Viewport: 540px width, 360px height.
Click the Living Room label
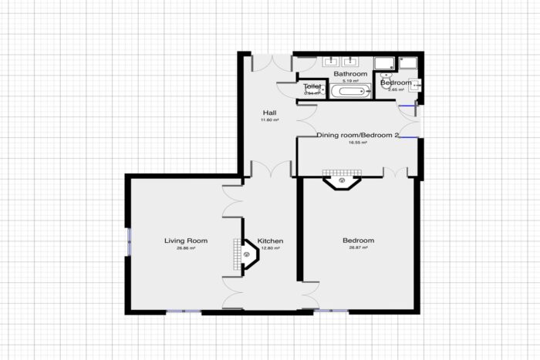186,241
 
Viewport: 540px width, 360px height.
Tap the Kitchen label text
270,241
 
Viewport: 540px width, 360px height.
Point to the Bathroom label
350,74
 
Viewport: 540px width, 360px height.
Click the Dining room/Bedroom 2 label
358,136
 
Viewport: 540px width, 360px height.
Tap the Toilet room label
312,87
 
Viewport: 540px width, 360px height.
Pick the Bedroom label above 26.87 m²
358,241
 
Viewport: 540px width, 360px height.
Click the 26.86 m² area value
186,249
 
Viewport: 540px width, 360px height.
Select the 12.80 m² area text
270,249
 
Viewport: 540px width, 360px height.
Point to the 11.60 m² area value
269,120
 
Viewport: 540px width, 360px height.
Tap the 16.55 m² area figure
358,143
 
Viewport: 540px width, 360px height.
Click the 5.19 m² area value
350,81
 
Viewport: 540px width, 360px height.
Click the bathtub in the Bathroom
351,93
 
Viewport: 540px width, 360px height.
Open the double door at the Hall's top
265,62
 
